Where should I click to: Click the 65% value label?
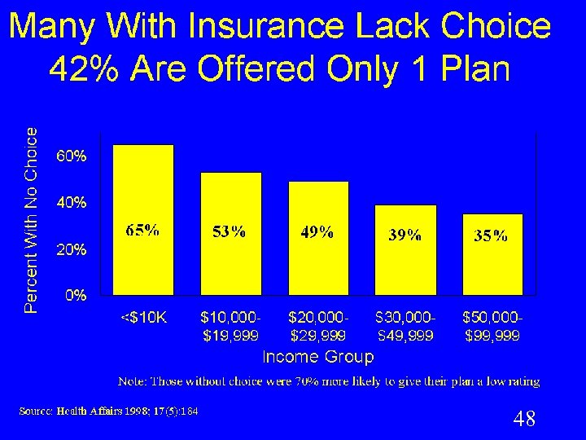click(142, 231)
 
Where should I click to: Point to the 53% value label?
click(229, 232)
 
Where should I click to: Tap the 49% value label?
click(317, 232)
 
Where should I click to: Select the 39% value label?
click(405, 235)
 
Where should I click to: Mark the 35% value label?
click(491, 236)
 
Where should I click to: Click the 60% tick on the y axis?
click(72, 156)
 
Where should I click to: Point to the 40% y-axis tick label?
click(72, 202)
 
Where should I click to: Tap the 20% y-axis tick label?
click(72, 249)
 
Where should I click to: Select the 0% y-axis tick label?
click(76, 296)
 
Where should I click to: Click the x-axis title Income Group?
click(318, 357)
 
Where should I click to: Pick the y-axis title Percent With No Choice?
click(31, 220)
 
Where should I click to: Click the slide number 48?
click(524, 420)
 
